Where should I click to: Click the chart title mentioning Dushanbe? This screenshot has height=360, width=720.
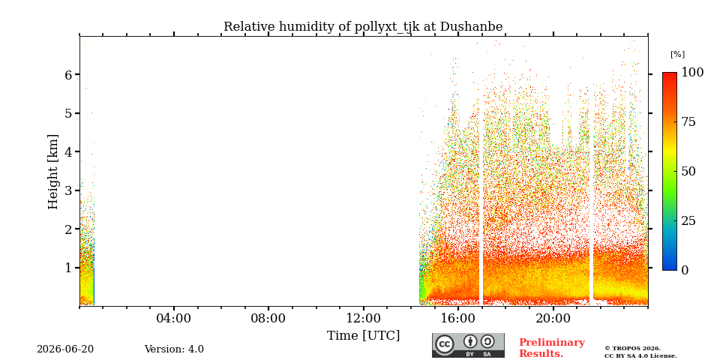tap(363, 27)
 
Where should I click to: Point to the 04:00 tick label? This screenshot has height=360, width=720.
tap(173, 318)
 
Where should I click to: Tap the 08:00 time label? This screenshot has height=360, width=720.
tap(268, 318)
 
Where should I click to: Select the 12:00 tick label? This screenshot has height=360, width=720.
tap(363, 318)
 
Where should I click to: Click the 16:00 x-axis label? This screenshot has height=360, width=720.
tap(458, 318)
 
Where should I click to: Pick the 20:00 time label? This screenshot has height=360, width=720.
tap(553, 318)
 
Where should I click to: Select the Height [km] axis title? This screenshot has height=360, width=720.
tap(53, 172)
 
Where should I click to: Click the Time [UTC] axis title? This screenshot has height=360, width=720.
tap(363, 336)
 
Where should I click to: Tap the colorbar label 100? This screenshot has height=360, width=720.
tap(692, 73)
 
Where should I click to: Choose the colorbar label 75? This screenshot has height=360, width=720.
tap(688, 122)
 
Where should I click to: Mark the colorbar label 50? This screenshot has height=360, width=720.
tap(688, 172)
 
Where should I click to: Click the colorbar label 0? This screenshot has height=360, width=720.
tap(685, 271)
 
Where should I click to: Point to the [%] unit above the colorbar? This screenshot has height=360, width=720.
tap(677, 55)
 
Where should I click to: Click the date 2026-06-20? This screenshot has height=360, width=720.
tap(65, 349)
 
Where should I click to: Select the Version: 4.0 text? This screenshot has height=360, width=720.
tap(174, 349)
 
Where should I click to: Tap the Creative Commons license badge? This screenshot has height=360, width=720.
tap(468, 345)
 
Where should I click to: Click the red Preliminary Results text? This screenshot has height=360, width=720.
tap(552, 348)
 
